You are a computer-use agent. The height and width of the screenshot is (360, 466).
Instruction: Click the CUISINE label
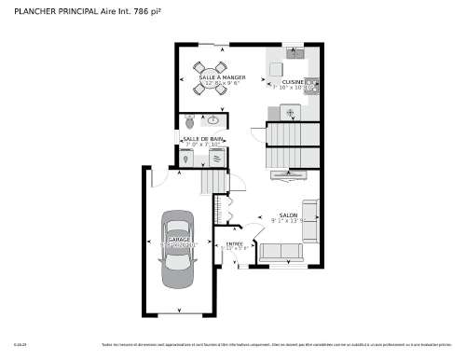coord(294,81)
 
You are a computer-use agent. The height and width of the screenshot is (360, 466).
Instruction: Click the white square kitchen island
coord(290,111)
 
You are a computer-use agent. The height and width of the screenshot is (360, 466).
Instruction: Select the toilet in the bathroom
coord(190,121)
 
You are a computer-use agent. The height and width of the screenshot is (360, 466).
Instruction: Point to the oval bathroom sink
coord(212,120)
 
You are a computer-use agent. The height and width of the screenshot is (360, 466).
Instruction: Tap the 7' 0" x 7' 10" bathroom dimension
coord(203,145)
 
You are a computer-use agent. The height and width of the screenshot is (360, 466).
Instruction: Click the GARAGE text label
coord(179,240)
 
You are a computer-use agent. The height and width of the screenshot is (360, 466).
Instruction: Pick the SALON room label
coord(288,215)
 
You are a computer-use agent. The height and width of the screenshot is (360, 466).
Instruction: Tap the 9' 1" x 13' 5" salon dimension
coord(288,221)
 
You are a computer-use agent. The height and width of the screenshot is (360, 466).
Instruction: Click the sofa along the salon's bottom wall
coord(281,251)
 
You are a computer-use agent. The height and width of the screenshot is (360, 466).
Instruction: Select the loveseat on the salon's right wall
coord(309,220)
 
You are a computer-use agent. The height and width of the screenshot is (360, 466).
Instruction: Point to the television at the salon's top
coord(288,174)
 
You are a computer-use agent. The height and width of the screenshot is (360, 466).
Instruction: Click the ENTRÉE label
coord(235,243)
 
